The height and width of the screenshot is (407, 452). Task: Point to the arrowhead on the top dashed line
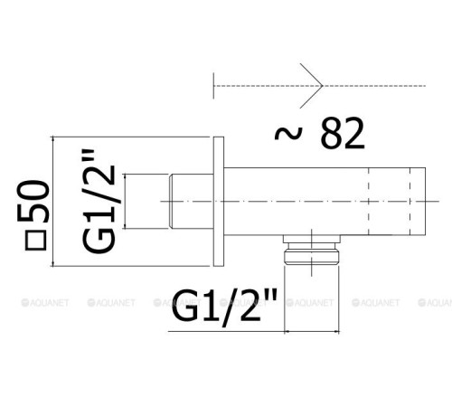315,87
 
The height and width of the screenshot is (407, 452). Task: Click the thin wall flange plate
218,201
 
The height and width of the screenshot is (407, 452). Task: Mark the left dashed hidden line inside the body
369,201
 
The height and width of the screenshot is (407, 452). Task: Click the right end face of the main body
424,201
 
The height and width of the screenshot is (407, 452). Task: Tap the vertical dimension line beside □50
56,201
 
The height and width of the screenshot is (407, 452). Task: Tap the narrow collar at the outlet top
310,241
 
